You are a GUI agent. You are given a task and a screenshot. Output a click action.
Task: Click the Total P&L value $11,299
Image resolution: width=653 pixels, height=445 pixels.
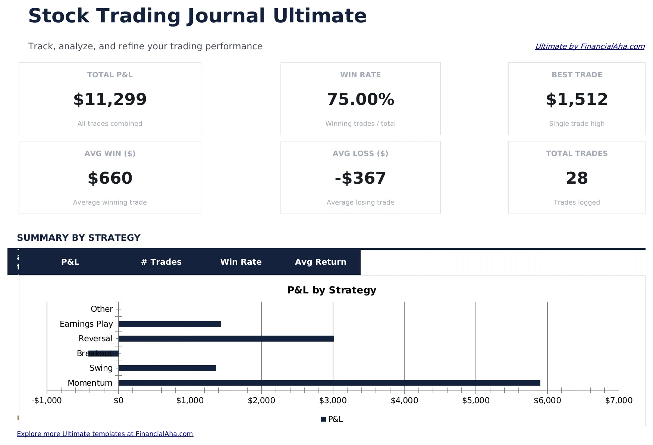point(110,100)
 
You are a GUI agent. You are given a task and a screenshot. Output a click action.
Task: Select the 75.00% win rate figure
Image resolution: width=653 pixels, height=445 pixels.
point(360,100)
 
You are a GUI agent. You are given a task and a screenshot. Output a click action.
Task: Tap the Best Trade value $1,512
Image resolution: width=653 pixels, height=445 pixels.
point(577,100)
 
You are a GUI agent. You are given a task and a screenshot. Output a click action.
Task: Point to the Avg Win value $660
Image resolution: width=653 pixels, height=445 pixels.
point(110,178)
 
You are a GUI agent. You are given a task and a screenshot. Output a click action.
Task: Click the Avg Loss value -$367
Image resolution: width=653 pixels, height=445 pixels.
point(360,178)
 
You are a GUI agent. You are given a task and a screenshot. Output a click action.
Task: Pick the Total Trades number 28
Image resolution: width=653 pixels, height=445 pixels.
point(577,178)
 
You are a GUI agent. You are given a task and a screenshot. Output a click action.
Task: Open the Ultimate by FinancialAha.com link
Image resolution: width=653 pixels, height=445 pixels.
point(590,46)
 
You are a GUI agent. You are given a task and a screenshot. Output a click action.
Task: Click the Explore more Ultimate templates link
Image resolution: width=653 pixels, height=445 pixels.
point(105,434)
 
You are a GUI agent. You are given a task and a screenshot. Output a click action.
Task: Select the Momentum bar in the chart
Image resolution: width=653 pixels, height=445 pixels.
point(329,383)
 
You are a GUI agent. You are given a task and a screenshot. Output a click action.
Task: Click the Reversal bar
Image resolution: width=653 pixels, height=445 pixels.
point(226,339)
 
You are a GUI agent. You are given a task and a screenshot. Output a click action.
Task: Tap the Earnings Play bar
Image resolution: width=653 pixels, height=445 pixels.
point(170,324)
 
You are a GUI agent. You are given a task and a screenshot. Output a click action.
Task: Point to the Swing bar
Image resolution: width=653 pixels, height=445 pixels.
point(167,368)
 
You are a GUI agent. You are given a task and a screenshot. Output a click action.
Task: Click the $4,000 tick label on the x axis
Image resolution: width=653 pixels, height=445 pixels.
point(404,401)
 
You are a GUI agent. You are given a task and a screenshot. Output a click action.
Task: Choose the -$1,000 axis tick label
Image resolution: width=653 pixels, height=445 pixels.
point(47,401)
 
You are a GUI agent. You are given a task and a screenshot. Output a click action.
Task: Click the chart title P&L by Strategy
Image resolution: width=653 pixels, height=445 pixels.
point(332,290)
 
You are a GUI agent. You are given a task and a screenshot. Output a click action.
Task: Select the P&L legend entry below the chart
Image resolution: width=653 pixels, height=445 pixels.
point(332,419)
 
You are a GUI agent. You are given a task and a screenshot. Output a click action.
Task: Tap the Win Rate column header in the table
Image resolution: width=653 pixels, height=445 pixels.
point(241,262)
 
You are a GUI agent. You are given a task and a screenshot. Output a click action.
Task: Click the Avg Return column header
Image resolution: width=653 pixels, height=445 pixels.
point(320,262)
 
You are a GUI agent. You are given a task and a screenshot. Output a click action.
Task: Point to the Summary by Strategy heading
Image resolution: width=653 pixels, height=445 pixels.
point(79,238)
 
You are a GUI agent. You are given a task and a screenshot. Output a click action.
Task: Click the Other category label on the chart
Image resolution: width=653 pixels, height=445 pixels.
point(101,309)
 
